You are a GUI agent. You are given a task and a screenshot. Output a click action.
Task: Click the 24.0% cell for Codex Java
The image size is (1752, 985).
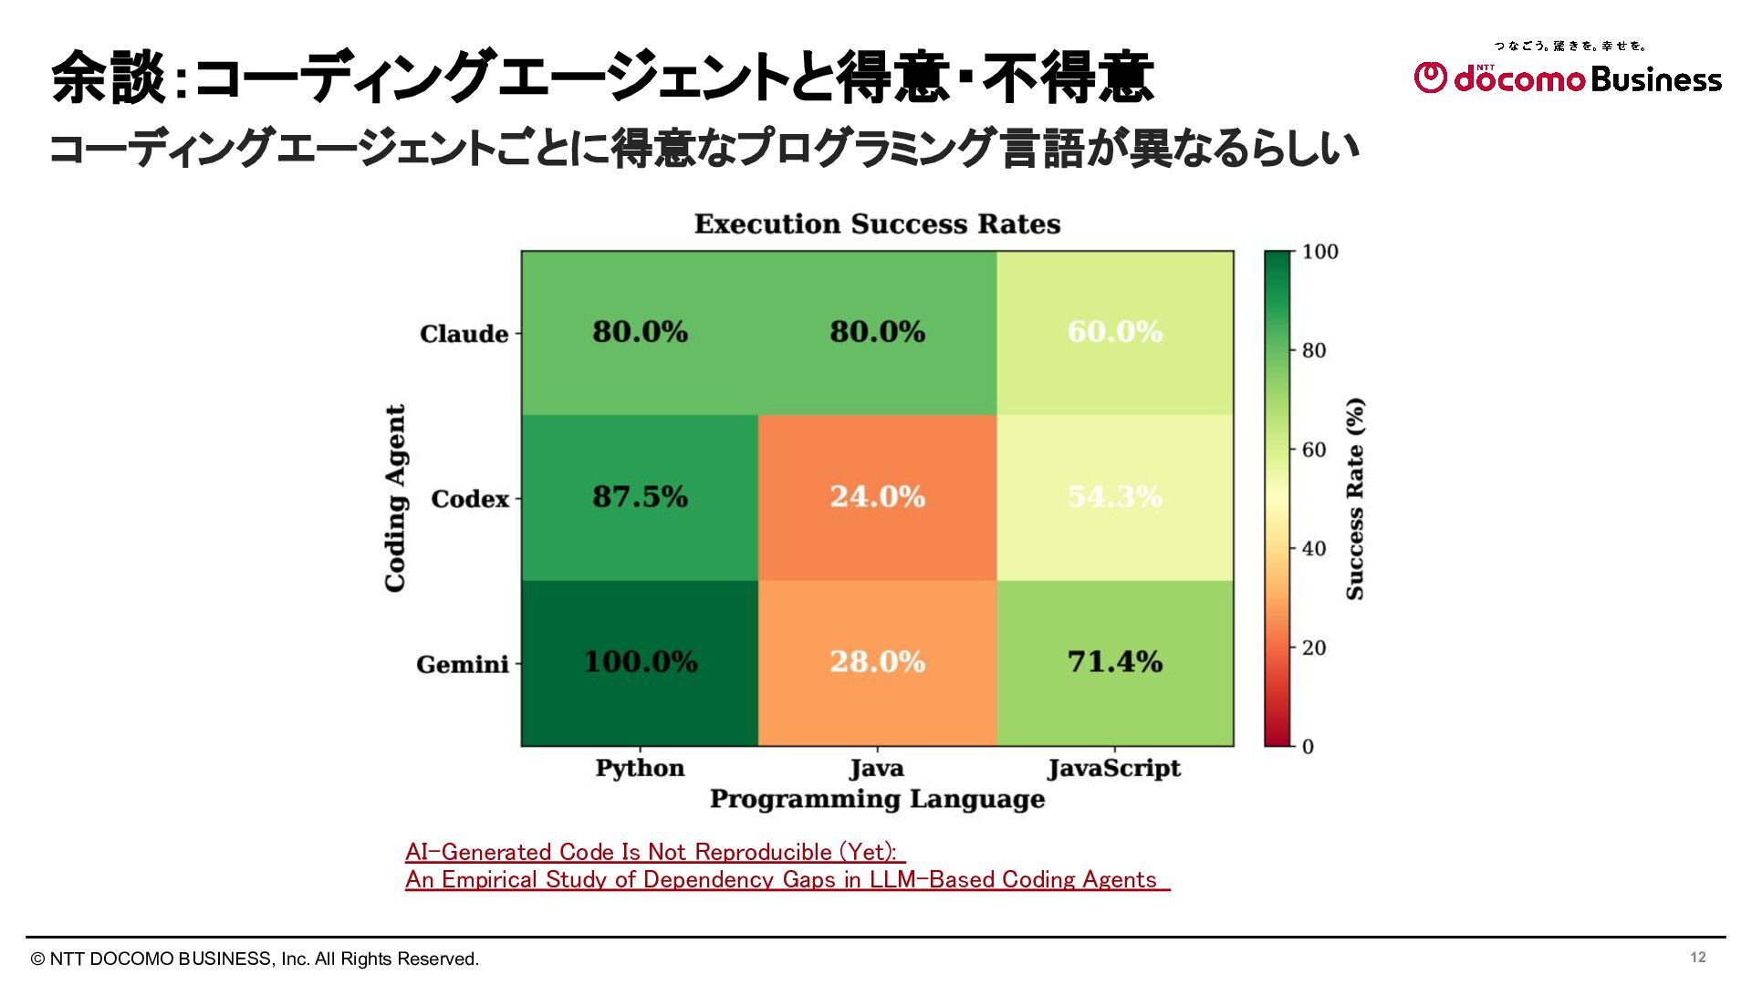877,497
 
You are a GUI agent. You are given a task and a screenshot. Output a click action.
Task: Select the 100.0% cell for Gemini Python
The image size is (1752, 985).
640,662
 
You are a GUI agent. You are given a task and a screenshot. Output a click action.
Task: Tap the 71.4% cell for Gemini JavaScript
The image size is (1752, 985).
1114,662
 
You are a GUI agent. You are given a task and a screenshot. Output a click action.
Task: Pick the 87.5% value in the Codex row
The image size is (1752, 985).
640,497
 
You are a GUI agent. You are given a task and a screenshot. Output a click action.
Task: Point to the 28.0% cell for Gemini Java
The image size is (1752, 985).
877,662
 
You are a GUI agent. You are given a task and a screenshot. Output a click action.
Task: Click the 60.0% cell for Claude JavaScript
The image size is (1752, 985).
1114,332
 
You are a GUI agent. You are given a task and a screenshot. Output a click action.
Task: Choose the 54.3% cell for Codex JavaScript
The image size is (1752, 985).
1114,497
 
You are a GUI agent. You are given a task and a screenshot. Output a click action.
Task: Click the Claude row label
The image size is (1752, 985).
464,334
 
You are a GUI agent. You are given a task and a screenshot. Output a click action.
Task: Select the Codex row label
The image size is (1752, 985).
469,499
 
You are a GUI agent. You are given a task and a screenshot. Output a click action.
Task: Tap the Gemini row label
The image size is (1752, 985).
462,664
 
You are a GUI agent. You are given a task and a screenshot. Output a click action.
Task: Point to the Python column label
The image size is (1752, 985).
640,768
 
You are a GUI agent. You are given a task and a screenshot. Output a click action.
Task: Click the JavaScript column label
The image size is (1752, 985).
1113,769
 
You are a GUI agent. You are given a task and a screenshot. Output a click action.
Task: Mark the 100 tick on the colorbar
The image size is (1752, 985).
1319,252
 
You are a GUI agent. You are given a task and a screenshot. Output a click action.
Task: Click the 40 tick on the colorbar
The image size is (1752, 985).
1314,549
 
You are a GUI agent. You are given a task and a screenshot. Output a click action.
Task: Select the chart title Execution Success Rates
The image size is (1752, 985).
877,224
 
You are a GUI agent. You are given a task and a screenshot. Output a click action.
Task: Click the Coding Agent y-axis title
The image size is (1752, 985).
395,498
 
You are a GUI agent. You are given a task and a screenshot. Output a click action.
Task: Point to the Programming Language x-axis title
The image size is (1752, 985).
877,800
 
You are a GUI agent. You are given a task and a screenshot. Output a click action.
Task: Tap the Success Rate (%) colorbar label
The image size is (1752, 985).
1355,498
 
